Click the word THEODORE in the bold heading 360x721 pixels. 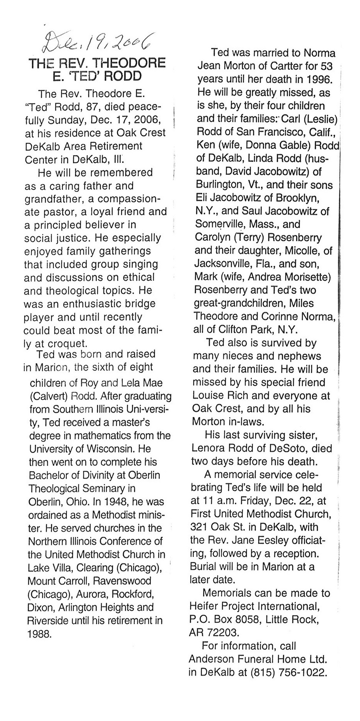click(132, 63)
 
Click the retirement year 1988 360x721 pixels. click(39, 634)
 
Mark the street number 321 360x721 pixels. click(200, 527)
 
